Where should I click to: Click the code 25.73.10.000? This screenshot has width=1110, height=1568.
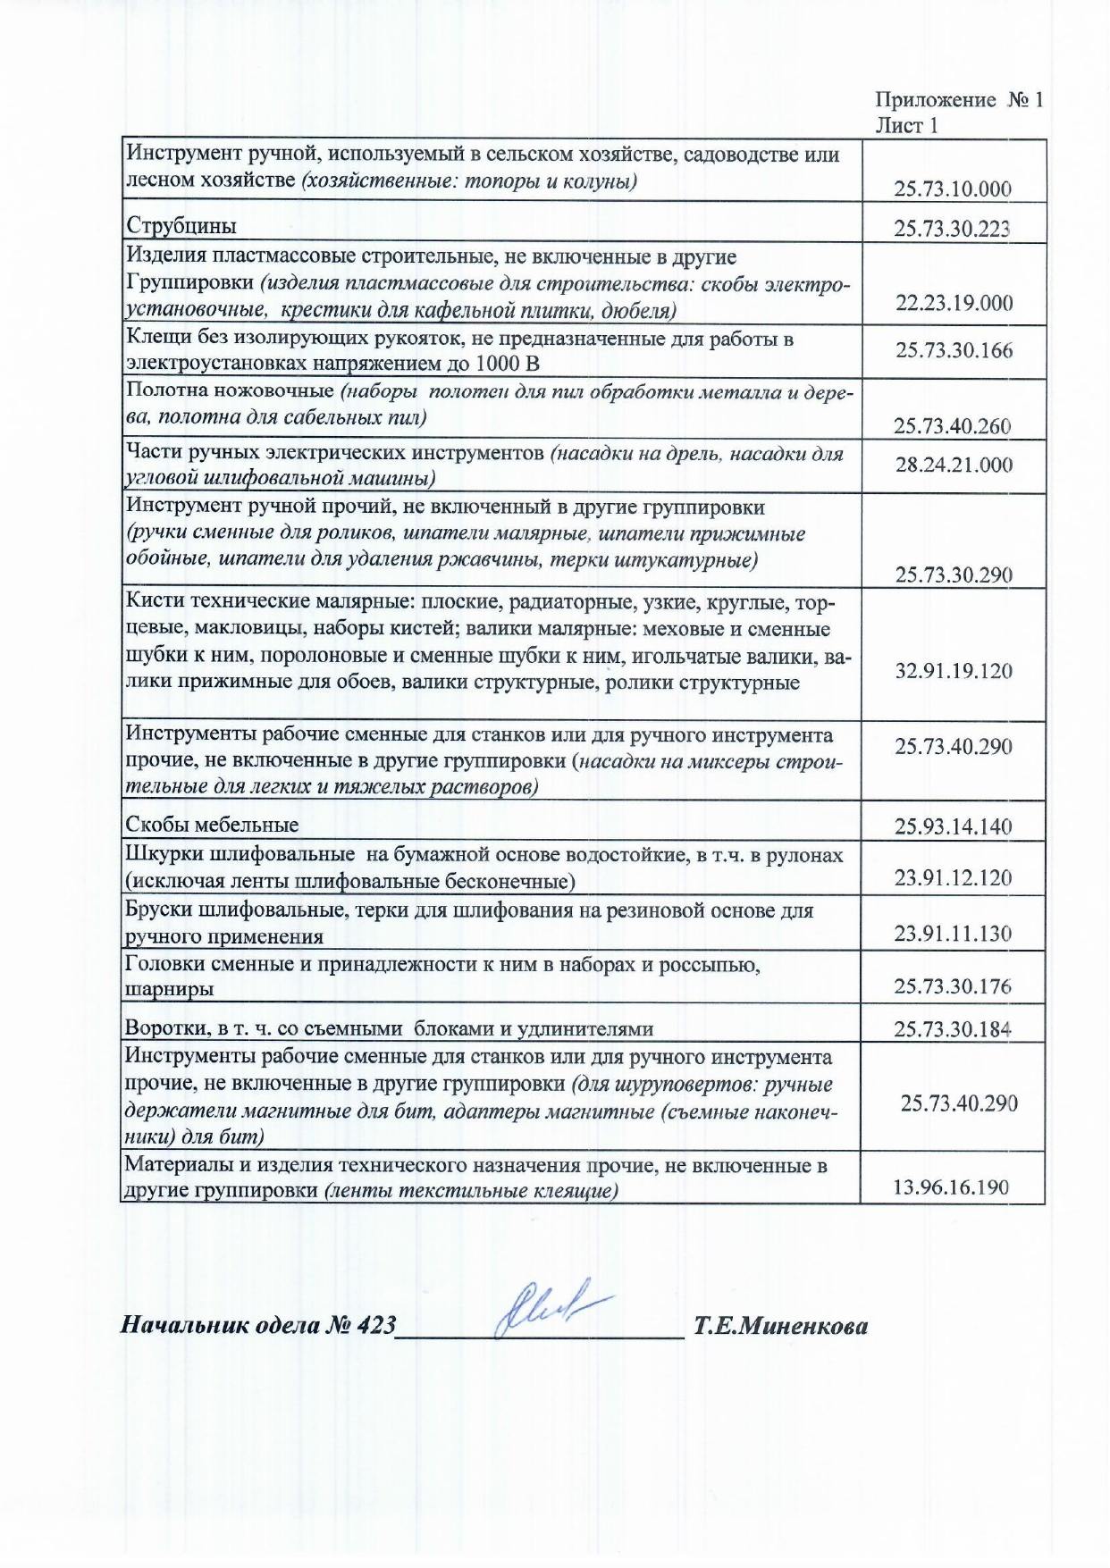[x=953, y=189]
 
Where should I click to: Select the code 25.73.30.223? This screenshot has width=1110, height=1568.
[x=953, y=229]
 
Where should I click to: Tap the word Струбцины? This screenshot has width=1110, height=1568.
[x=181, y=225]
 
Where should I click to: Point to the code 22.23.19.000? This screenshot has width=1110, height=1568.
[x=954, y=303]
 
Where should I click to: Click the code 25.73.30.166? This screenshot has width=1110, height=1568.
[x=954, y=350]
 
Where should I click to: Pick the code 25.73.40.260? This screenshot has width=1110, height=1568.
[x=953, y=426]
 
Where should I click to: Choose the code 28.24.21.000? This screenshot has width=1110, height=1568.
[x=954, y=465]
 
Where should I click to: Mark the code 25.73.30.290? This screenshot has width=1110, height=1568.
[x=954, y=574]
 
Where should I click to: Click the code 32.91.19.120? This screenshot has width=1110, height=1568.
[x=954, y=671]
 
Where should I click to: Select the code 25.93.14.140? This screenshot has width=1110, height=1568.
[x=954, y=826]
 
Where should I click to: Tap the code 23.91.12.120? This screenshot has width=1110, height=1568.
[x=953, y=878]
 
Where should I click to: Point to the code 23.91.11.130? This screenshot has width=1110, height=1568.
[x=953, y=934]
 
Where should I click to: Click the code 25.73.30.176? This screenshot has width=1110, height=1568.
[x=953, y=986]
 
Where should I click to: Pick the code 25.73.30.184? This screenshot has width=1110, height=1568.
[x=953, y=1029]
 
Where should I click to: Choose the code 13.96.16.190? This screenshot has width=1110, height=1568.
[x=951, y=1187]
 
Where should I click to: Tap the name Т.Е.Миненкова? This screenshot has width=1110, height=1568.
[x=780, y=1326]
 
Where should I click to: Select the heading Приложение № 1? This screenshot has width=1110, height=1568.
[x=958, y=100]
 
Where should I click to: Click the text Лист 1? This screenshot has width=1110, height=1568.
[x=906, y=125]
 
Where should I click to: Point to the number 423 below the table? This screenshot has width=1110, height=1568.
[x=375, y=1325]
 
